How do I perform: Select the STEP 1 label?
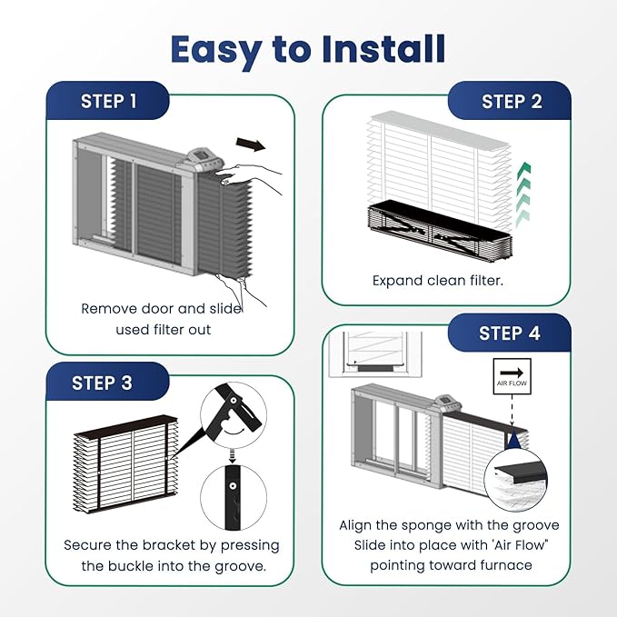coord(108,101)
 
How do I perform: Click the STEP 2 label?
coord(512,101)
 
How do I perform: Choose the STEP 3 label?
coord(102,383)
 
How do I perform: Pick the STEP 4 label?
coord(509,333)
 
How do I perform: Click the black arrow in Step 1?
coord(251,144)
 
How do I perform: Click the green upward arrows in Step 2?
coord(523,194)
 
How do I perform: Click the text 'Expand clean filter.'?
coord(438,281)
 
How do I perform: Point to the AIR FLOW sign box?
coord(512,376)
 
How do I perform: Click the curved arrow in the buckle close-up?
coord(234,432)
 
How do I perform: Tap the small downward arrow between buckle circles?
coord(233,455)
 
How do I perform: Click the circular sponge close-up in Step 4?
coord(515,479)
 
